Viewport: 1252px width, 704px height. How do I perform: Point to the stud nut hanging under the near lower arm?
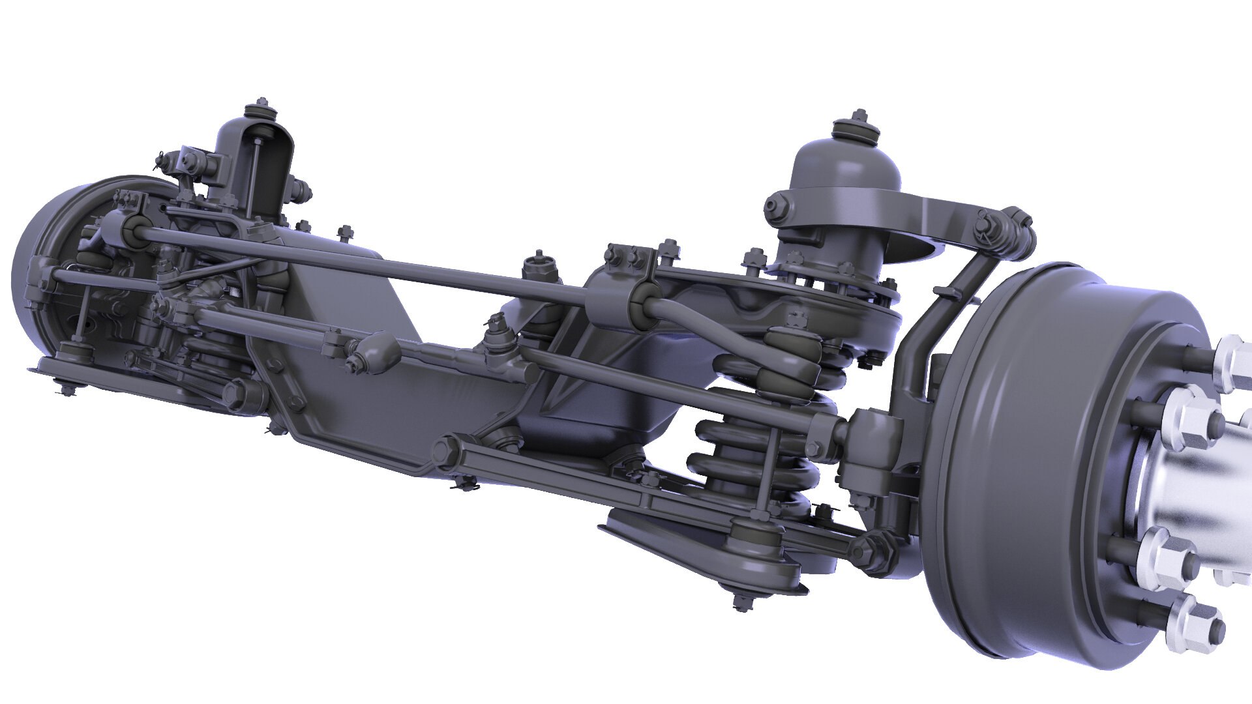(x=739, y=600)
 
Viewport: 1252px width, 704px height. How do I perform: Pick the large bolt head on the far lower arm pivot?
(x=235, y=394)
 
